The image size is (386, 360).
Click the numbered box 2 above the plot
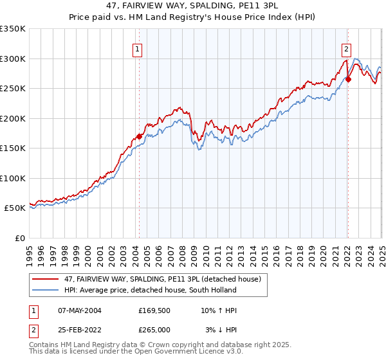[x=346, y=48]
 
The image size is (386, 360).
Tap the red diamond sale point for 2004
[x=139, y=136]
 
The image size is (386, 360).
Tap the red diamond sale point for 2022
[x=348, y=80]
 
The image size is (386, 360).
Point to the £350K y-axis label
[x=13, y=29]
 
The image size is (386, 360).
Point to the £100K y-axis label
[x=13, y=178]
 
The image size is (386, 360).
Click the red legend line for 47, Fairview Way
[x=44, y=280]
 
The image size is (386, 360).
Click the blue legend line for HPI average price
[x=44, y=291]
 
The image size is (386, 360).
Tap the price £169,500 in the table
[x=154, y=310]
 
